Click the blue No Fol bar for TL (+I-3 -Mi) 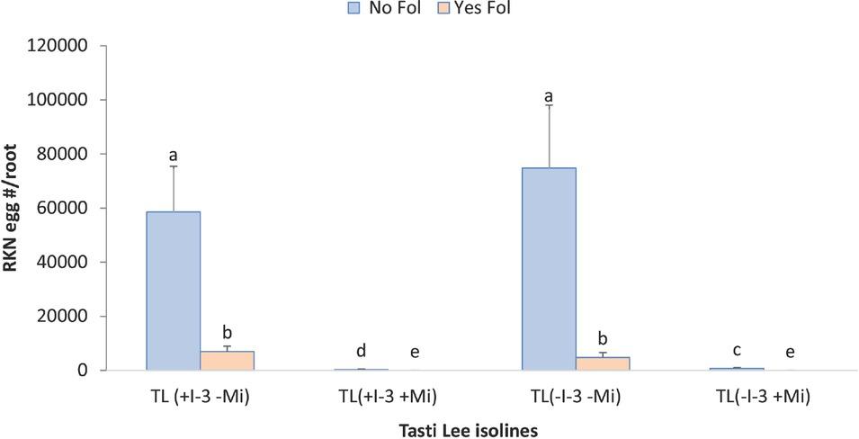[x=173, y=291]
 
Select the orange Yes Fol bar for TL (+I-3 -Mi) [x=228, y=361]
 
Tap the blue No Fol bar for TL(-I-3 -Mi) [x=549, y=269]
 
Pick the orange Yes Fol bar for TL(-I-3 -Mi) [x=603, y=363]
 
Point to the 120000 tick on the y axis [x=66, y=46]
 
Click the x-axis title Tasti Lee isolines [x=468, y=430]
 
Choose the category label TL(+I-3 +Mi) [x=387, y=396]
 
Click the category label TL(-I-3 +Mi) [x=764, y=396]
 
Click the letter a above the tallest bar [x=549, y=94]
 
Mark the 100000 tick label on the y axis [x=66, y=100]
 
